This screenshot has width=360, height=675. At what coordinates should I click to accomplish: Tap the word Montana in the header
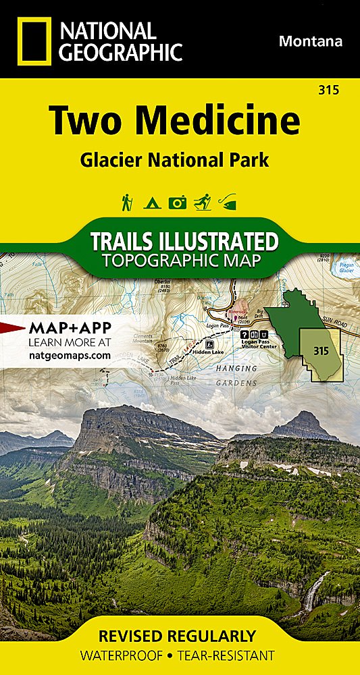pos(311,41)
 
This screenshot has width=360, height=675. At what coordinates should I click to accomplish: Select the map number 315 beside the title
pos(330,90)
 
